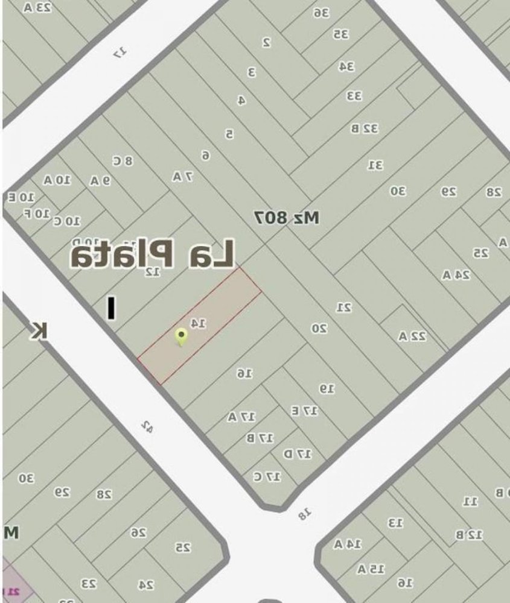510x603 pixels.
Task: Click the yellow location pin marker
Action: pos(180,336)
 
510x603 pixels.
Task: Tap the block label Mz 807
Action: pos(286,218)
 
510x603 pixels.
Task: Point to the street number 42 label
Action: pos(146,426)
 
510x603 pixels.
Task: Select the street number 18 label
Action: pos(305,514)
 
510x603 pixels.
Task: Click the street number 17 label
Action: pos(121,53)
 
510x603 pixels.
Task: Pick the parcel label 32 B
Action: pos(365,128)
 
